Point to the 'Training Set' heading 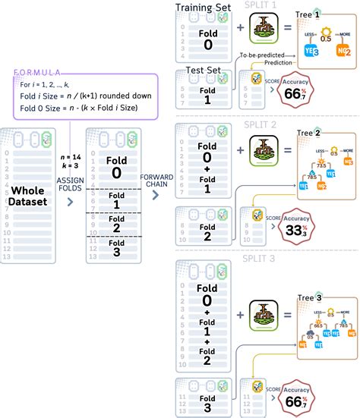click(204, 8)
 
